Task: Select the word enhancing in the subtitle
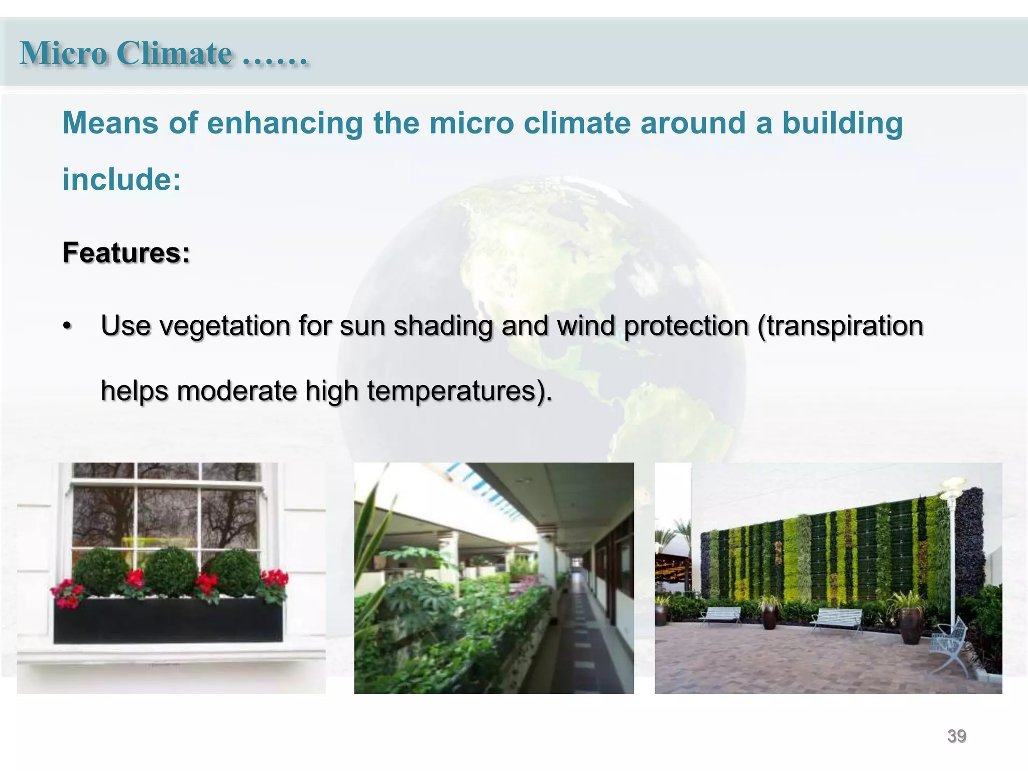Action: (x=285, y=123)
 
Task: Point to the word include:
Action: (x=121, y=180)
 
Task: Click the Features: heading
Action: (x=126, y=252)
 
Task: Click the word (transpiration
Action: (x=840, y=326)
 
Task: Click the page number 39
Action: (x=956, y=736)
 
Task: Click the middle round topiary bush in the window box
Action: (x=171, y=572)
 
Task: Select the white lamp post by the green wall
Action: (x=952, y=552)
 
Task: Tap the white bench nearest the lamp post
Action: (x=837, y=618)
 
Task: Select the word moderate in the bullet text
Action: (x=237, y=391)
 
